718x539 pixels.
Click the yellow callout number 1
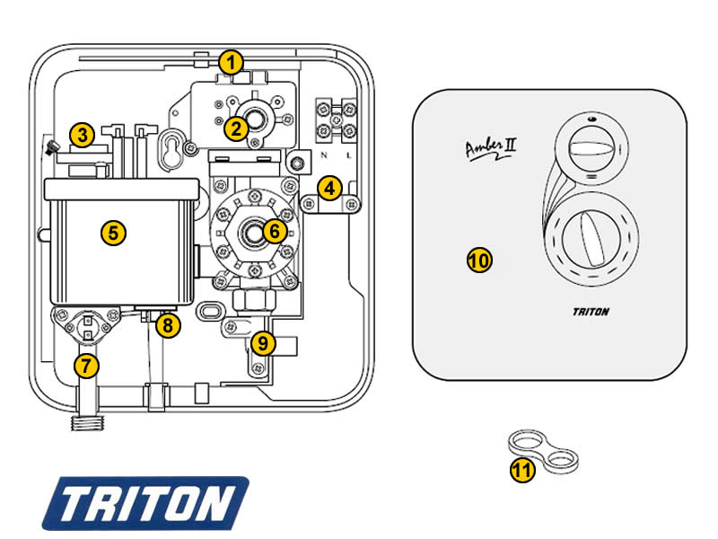pos(232,63)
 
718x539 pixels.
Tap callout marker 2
pos(236,128)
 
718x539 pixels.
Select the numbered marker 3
pos(83,137)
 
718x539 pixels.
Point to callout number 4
pos(330,189)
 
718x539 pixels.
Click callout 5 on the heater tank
pos(113,233)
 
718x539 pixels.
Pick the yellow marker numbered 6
pos(275,231)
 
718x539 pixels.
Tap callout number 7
pos(86,366)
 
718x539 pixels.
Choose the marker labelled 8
pos(167,325)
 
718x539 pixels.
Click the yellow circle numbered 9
pos(263,342)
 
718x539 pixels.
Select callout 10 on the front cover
pos(479,261)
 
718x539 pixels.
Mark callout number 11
pos(522,469)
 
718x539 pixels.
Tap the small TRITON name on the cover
pos(591,313)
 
